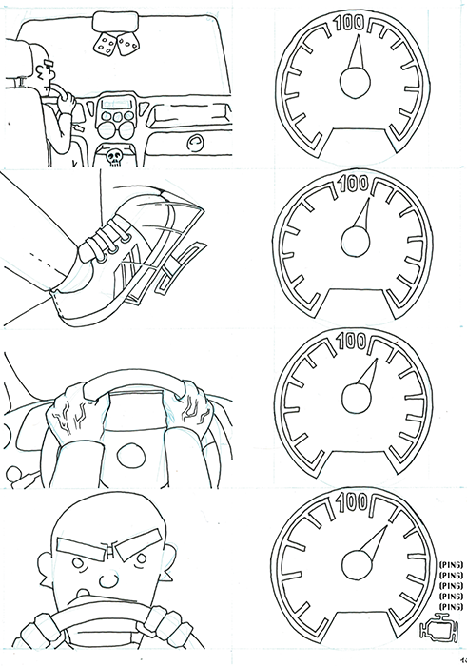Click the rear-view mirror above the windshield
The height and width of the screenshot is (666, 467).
[115, 22]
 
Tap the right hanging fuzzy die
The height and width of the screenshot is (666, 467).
[126, 45]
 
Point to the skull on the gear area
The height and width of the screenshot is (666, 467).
[114, 157]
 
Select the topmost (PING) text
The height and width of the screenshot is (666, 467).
[451, 565]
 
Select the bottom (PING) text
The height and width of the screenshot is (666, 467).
[451, 606]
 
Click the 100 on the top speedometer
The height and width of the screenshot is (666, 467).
[349, 23]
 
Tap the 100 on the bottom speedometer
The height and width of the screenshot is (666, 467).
[352, 502]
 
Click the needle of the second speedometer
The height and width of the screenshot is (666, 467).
[362, 213]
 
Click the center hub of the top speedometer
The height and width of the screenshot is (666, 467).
[355, 83]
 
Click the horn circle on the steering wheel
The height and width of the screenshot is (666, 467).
[130, 456]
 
